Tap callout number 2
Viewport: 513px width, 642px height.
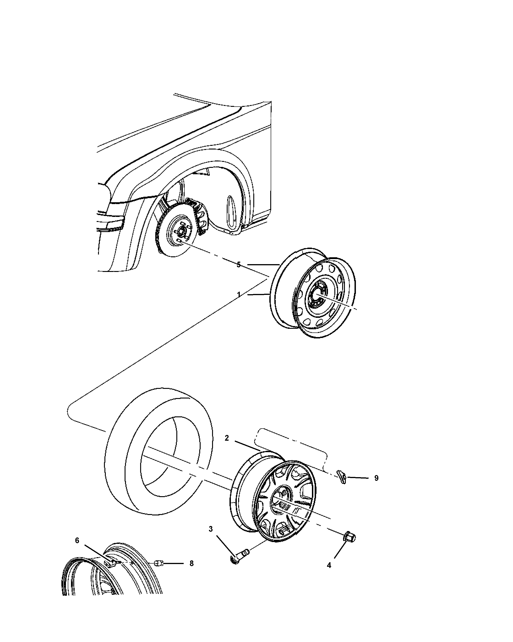(227, 438)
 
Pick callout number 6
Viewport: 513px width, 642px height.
(77, 540)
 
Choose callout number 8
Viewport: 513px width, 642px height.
(191, 563)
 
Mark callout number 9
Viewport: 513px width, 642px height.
(376, 486)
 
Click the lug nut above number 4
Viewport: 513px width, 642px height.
(349, 537)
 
